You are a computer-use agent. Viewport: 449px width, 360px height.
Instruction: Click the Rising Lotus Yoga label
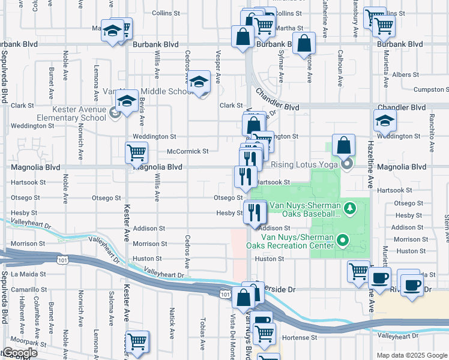[x=304, y=164]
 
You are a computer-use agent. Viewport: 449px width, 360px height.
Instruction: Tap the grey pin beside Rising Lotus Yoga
[x=346, y=163]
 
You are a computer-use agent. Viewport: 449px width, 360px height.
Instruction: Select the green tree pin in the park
[x=351, y=208]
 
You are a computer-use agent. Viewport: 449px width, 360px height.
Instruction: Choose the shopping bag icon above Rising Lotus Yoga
[x=343, y=145]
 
